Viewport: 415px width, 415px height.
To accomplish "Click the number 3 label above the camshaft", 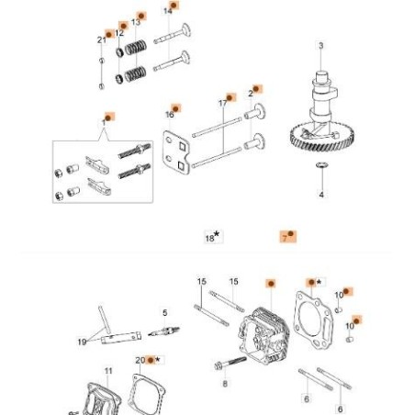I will tap(320, 45).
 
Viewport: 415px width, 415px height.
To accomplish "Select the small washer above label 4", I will tap(320, 165).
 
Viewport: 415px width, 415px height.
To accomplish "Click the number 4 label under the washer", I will tap(320, 195).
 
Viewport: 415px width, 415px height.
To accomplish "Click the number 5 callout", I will tap(164, 313).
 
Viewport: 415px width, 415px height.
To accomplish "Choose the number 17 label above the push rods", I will tap(223, 100).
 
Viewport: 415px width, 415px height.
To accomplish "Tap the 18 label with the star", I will tap(211, 236).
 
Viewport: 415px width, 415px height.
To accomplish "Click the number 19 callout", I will tap(83, 342).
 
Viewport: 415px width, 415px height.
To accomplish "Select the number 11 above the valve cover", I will tap(108, 371).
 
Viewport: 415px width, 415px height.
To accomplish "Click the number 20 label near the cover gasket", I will tap(140, 361).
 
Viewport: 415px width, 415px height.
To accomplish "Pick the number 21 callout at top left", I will tap(101, 39).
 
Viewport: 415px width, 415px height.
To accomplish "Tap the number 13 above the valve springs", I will tap(136, 21).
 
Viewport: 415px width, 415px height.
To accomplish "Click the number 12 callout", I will tap(119, 33).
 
